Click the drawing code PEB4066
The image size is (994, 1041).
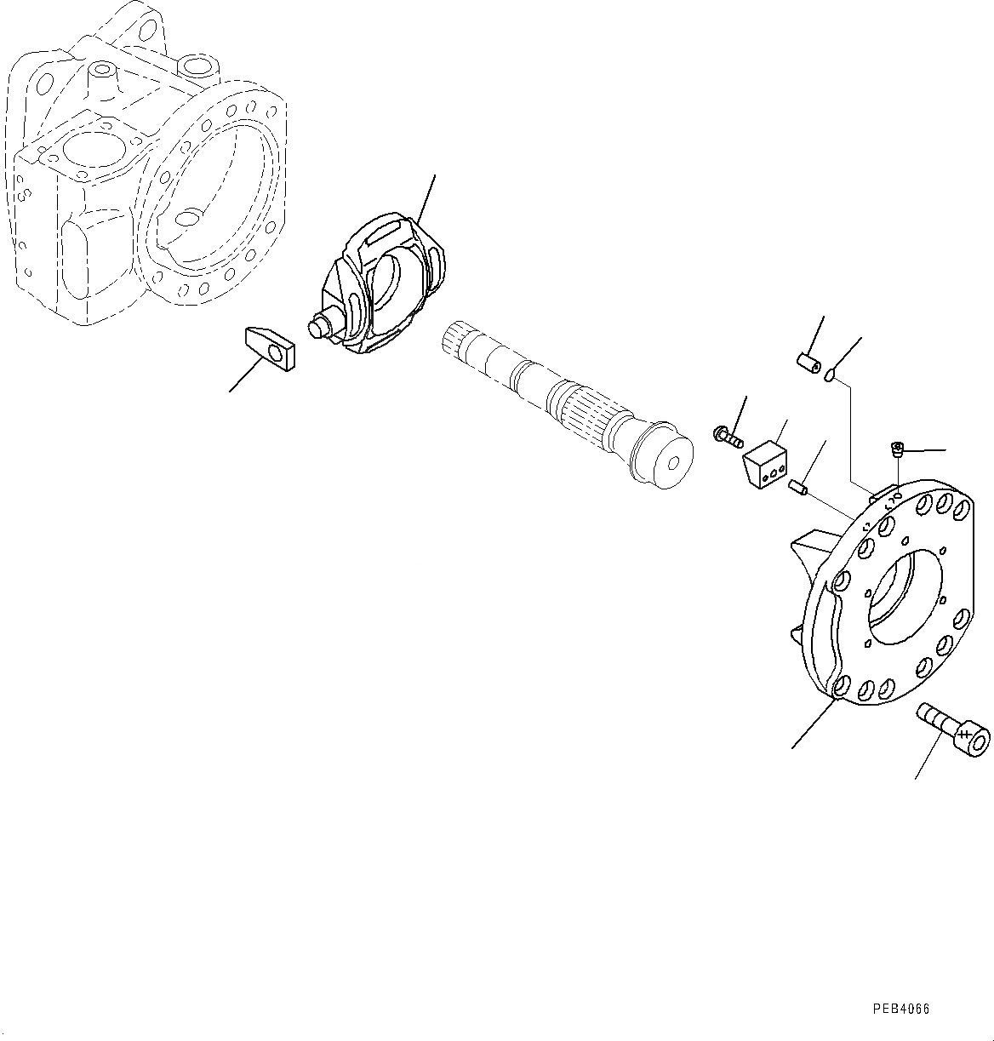coord(900,1009)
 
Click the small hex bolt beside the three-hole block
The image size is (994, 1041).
coord(726,437)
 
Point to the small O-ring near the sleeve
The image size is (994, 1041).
coord(831,375)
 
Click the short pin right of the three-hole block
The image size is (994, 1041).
coord(798,489)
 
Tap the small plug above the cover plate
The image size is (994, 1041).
coord(896,448)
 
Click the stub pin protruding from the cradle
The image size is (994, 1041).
coord(318,325)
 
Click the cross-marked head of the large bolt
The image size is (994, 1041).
coord(969,736)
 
